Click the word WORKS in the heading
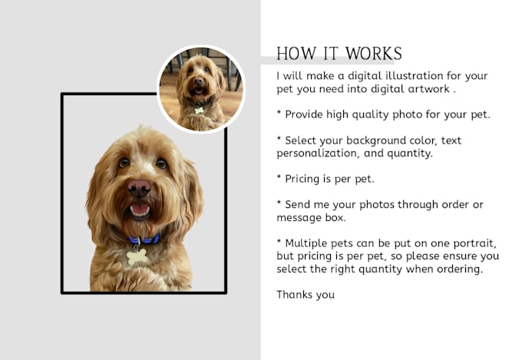(x=374, y=54)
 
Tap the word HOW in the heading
(x=296, y=54)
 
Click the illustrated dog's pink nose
(x=139, y=188)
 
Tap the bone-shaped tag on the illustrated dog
(x=137, y=257)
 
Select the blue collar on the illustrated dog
(x=144, y=239)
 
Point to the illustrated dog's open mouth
(x=140, y=211)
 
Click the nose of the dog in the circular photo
(x=198, y=81)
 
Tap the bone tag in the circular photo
(x=199, y=111)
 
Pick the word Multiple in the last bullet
(x=306, y=243)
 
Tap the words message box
(x=311, y=218)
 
